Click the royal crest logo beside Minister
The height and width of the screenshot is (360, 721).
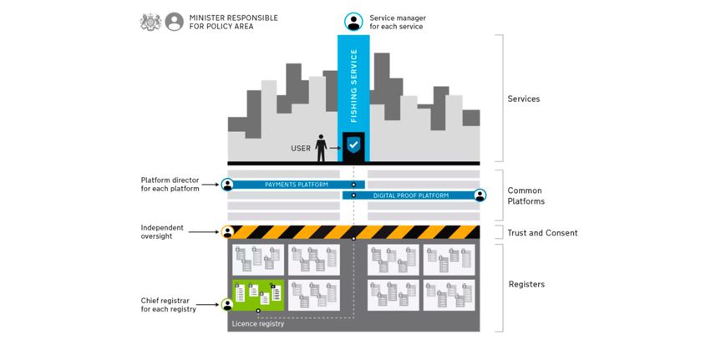(150, 22)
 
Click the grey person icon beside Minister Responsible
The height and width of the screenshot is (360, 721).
(174, 22)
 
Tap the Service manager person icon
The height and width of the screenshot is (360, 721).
(353, 22)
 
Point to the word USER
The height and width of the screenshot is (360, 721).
(301, 149)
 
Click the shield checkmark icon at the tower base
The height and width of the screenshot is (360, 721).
(353, 145)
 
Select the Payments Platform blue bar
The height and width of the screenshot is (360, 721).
(297, 185)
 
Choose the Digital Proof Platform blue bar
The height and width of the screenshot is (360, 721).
(409, 195)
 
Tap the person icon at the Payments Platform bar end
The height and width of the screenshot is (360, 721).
(227, 185)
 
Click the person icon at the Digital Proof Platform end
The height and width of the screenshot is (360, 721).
(480, 195)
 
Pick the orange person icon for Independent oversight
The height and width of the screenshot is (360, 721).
(227, 232)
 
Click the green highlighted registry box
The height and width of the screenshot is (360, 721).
(258, 295)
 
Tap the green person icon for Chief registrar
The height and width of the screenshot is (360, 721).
(227, 305)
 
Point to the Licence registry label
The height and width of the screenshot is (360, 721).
(258, 323)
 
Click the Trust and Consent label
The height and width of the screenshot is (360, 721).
(542, 233)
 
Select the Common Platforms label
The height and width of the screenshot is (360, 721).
(526, 195)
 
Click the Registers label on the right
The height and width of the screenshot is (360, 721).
(526, 284)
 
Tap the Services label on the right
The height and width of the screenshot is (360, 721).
(524, 99)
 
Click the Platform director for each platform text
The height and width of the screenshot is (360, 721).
(170, 184)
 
